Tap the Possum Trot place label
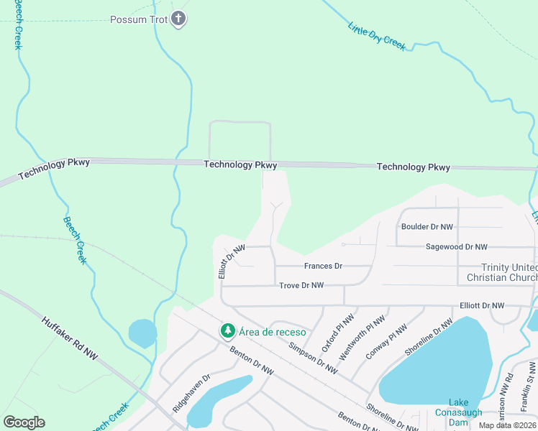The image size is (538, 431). [139, 19]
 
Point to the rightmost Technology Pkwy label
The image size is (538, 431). [414, 167]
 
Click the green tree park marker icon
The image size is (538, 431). [228, 330]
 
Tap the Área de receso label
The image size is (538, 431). [273, 331]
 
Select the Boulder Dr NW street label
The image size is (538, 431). [427, 227]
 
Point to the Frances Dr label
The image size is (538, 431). [323, 266]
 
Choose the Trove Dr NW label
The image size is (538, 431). [301, 285]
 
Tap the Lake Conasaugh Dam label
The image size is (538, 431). [458, 412]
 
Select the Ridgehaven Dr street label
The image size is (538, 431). [190, 392]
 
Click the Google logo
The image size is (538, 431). [24, 422]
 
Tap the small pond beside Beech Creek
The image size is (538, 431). [142, 333]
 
